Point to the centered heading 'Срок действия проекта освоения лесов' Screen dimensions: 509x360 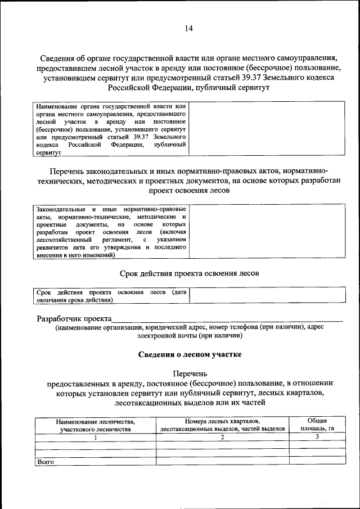pyautogui.click(x=190, y=273)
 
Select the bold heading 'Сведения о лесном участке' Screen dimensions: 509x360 pyautogui.click(x=190, y=354)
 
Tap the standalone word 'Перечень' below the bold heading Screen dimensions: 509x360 pyautogui.click(x=190, y=373)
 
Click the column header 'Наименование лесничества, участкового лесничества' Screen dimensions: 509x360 pyautogui.click(x=95, y=425)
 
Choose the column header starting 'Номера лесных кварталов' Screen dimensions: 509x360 pyautogui.click(x=222, y=425)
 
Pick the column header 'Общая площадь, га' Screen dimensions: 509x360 pyautogui.click(x=317, y=425)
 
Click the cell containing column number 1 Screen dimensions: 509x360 pyautogui.click(x=95, y=437)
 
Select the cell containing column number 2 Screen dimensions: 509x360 pyautogui.click(x=222, y=437)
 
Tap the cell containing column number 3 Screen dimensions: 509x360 pyautogui.click(x=317, y=437)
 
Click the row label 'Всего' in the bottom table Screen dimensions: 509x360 pyautogui.click(x=44, y=461)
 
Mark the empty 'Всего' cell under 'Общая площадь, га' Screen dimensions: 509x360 pyautogui.click(x=317, y=461)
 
